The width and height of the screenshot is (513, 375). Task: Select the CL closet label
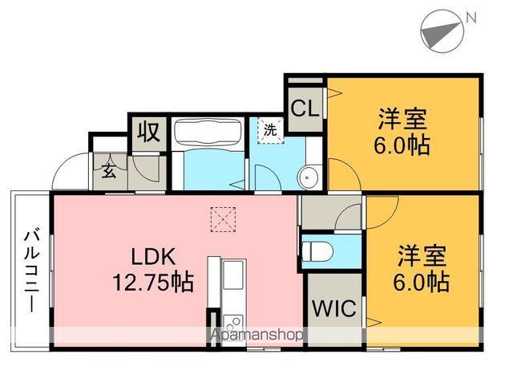305,108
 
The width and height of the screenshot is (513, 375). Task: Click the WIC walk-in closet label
334,308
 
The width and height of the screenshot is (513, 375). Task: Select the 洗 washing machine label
269,130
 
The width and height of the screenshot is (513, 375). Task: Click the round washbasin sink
309,177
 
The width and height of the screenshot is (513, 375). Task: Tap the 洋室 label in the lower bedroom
422,257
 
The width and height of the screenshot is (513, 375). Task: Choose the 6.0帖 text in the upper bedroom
402,145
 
